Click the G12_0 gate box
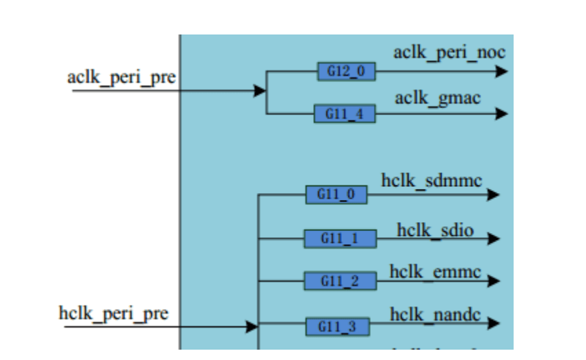[347, 72]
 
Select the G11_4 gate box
[345, 114]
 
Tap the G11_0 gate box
[336, 195]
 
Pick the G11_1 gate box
[341, 239]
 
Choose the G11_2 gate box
[341, 281]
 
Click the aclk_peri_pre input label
[121, 77]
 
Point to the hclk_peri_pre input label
[113, 314]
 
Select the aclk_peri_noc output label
[449, 52]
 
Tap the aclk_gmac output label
[438, 98]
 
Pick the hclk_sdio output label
[435, 230]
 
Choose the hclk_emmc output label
[434, 271]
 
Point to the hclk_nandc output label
[435, 315]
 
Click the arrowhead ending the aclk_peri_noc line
[502, 71]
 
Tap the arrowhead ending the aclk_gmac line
[502, 114]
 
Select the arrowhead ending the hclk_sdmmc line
[493, 195]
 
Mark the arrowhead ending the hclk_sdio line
[493, 239]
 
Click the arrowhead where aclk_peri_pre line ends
[260, 91]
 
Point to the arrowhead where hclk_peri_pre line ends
[252, 327]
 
